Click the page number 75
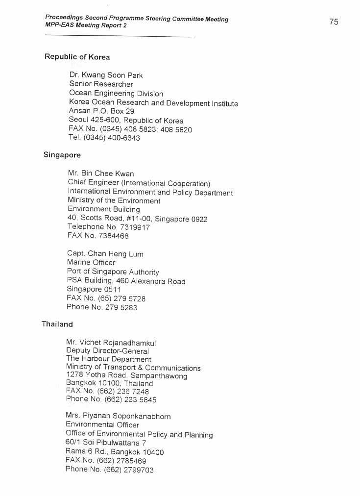[334, 22]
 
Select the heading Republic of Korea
[77, 57]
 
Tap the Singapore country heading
[62, 155]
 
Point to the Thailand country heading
[57, 324]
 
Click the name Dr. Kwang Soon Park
[106, 75]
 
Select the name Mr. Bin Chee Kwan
[100, 174]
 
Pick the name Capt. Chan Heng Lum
[105, 254]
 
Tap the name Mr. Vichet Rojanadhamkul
[111, 343]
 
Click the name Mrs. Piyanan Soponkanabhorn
[118, 416]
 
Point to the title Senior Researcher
[101, 84]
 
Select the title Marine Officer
[91, 263]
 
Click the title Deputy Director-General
[107, 351]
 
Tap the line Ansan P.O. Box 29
[101, 111]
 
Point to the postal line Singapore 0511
[94, 290]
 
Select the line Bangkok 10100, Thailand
[109, 383]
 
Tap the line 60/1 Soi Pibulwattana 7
[106, 443]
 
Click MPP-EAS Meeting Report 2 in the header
[86, 25]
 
